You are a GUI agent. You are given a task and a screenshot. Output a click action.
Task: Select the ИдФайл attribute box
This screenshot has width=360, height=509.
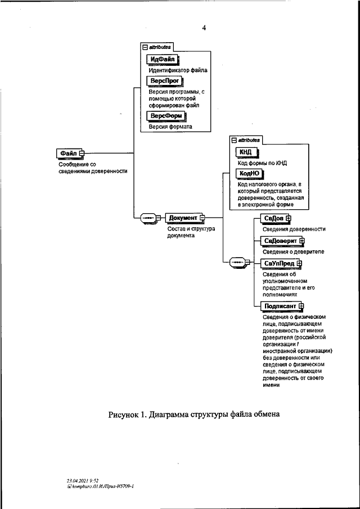[164, 60]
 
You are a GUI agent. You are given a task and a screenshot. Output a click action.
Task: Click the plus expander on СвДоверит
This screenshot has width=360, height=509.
[302, 241]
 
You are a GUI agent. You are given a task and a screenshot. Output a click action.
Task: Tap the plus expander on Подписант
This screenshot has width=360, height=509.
[301, 306]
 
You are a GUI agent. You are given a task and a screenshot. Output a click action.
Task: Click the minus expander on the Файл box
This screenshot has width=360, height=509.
[82, 153]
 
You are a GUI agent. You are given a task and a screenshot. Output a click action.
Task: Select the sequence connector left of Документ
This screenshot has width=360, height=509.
[148, 218]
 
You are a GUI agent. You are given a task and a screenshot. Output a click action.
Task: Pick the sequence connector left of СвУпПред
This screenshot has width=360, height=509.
[237, 262]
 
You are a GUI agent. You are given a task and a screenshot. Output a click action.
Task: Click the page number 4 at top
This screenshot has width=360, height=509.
[204, 28]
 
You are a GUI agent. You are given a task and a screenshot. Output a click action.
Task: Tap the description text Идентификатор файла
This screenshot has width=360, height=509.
[178, 70]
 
